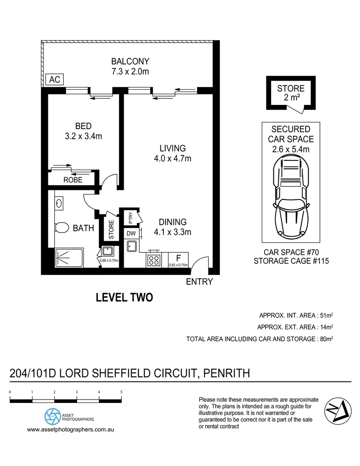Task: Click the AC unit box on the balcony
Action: (54, 80)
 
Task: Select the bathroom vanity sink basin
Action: (59, 202)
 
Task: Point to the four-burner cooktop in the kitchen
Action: (154, 260)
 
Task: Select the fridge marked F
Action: (178, 259)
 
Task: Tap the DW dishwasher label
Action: (131, 233)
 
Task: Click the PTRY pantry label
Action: (131, 217)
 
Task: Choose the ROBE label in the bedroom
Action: (72, 180)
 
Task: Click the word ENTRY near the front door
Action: (199, 282)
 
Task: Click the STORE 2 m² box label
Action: (291, 93)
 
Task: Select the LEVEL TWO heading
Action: (124, 297)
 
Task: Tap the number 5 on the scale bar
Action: (122, 392)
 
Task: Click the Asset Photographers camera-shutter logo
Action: (53, 416)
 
